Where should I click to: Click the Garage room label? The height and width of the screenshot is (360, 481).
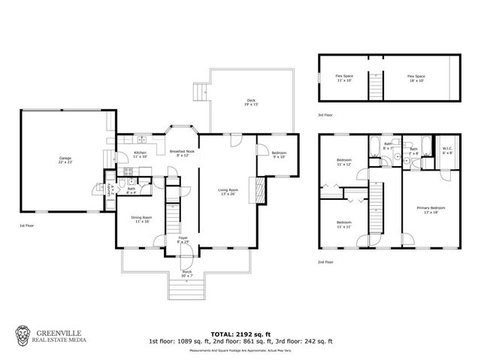pos(65,160)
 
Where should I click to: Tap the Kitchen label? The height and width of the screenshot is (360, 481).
pos(140,155)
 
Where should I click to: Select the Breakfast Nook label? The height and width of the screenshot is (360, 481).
pos(181,153)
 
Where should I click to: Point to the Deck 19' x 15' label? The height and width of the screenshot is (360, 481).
pos(251,102)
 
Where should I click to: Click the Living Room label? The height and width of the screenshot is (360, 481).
pos(228,192)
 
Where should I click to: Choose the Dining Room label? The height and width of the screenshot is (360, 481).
pos(142,219)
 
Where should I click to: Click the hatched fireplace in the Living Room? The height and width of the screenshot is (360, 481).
pos(260,189)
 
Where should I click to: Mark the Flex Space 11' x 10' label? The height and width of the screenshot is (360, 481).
pos(345,78)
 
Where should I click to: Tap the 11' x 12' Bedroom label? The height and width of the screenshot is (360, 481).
pos(344,163)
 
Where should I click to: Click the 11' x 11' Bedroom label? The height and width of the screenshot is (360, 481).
pos(344,225)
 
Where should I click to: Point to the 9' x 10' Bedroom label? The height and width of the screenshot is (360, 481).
pos(278,156)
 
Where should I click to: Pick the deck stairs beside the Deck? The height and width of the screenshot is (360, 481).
pos(200,92)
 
